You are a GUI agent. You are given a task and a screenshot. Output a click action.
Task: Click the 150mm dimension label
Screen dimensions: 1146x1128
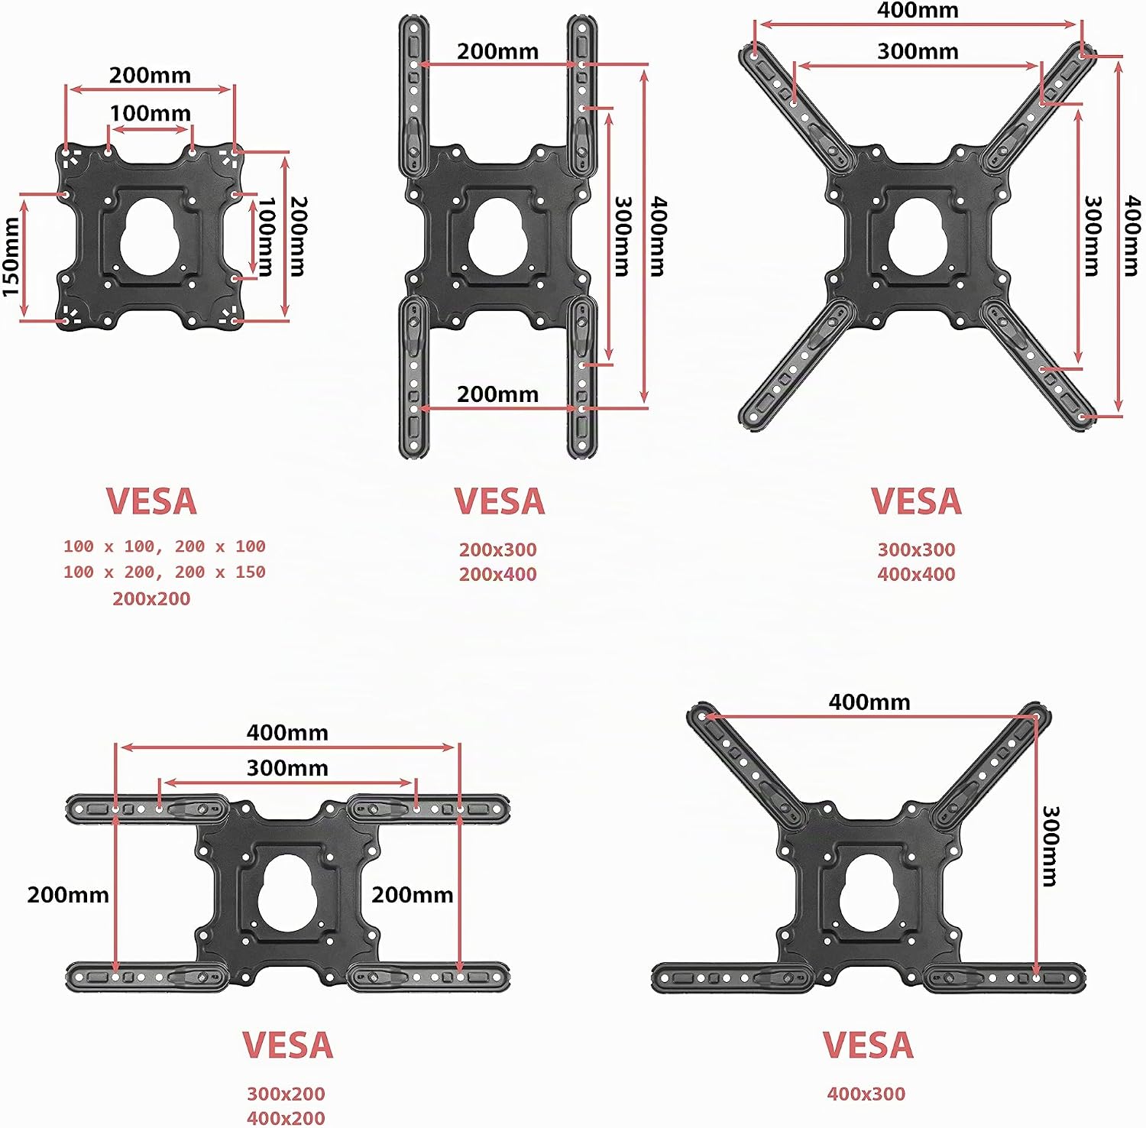(x=11, y=257)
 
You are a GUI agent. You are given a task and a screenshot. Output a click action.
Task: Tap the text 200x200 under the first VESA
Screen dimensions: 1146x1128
(x=151, y=598)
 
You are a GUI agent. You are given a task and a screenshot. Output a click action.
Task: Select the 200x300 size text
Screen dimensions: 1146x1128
(x=498, y=549)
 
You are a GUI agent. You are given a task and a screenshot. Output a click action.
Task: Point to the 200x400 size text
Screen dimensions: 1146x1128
(x=498, y=574)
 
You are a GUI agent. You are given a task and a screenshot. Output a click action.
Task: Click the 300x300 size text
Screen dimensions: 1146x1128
(x=916, y=549)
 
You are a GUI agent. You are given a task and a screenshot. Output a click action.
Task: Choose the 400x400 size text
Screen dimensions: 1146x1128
(x=916, y=574)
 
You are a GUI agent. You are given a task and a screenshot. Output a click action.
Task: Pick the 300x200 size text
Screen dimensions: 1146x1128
(x=286, y=1094)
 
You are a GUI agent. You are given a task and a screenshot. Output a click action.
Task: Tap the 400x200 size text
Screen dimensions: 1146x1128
(x=286, y=1118)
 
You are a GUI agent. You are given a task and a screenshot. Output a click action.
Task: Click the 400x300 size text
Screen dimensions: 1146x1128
(x=866, y=1094)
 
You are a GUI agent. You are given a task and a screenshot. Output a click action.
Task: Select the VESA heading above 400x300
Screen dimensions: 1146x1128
(x=868, y=1045)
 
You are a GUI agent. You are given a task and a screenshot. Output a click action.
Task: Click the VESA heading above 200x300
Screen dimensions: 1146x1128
(x=500, y=501)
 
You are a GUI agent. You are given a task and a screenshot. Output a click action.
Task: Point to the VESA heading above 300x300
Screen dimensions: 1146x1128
(x=916, y=501)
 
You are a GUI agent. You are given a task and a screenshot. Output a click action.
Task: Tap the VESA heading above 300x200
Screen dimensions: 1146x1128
(x=288, y=1045)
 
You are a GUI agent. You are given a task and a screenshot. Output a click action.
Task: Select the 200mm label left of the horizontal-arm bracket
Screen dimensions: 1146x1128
(x=68, y=895)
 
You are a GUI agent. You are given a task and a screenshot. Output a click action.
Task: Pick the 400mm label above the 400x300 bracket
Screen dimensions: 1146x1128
(x=869, y=702)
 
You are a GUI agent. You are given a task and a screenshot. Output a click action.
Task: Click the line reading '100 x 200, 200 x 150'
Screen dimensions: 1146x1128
(x=164, y=572)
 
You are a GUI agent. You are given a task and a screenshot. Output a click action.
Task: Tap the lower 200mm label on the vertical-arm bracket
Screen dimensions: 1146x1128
(x=497, y=394)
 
